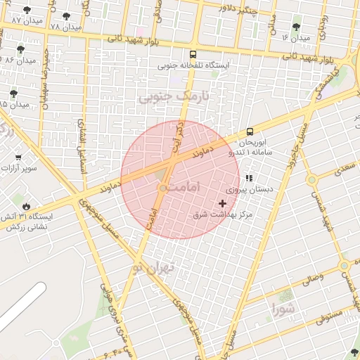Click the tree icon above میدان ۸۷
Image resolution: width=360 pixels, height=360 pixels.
point(27,11)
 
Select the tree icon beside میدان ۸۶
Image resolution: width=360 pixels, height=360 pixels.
point(20,49)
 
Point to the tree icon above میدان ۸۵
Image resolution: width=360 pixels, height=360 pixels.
point(13,93)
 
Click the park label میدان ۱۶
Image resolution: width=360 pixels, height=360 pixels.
point(295,37)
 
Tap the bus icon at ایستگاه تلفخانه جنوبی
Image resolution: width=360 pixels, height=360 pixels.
point(193,53)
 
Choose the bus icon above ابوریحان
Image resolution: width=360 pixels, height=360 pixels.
point(250,131)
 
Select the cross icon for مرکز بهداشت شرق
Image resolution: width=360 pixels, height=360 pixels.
point(223,203)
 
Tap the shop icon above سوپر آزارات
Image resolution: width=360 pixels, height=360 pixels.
point(18,157)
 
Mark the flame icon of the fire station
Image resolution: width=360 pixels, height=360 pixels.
point(27,206)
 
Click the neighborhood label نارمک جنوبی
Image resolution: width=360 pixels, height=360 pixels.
point(165,97)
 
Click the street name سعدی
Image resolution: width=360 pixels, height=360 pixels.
point(345,169)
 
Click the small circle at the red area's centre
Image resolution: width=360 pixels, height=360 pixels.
point(163,188)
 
